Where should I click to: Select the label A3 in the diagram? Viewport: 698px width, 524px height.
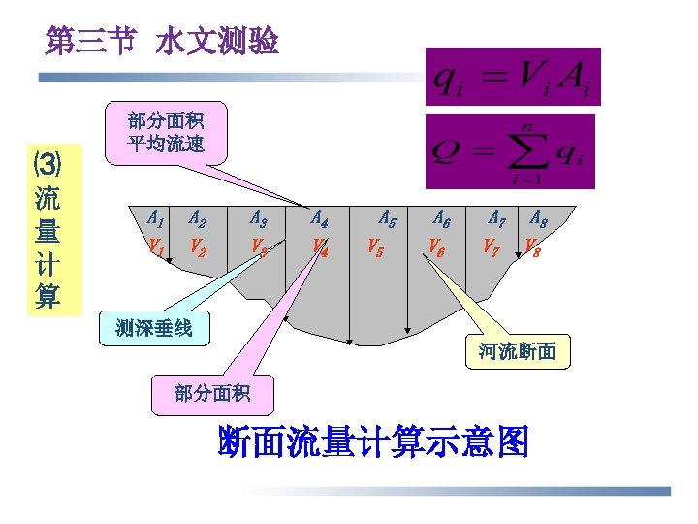click(259, 218)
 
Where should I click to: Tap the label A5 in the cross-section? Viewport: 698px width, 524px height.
click(387, 219)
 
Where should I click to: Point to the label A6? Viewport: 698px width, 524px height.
click(441, 219)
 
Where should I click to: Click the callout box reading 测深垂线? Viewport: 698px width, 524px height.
click(153, 328)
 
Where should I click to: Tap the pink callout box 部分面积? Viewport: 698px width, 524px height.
click(212, 394)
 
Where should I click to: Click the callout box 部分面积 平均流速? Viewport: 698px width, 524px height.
click(165, 133)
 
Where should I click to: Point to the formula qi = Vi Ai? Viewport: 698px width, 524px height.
click(513, 77)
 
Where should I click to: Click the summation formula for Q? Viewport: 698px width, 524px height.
click(511, 151)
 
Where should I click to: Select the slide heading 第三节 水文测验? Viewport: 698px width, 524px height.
click(162, 42)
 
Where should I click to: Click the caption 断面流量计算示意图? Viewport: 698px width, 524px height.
click(374, 443)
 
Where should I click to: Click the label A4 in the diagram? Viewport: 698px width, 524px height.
click(319, 218)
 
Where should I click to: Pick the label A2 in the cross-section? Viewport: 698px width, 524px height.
click(199, 218)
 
